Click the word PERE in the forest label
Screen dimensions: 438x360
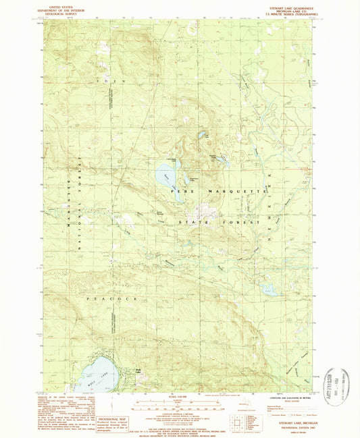click(x=178, y=193)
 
